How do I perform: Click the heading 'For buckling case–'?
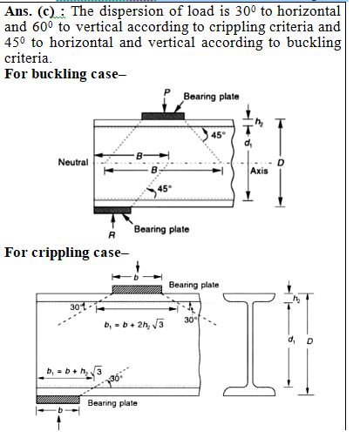65,74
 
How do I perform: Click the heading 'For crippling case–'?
66,253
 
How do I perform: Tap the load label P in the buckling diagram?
166,92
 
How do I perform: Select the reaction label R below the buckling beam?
112,235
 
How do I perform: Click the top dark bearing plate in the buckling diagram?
163,116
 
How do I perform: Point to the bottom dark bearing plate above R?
112,210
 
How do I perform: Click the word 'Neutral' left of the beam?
73,162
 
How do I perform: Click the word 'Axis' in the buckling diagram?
259,171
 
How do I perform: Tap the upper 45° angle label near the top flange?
218,135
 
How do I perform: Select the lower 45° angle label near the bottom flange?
165,189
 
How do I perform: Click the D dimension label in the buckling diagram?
281,163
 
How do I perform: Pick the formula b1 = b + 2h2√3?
133,324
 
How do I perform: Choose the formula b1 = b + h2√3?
74,371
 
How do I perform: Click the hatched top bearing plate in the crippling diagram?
137,289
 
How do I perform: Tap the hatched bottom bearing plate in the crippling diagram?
58,400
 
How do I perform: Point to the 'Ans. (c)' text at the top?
33,12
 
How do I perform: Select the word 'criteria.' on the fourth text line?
28,58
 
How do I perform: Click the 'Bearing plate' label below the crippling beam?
112,403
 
